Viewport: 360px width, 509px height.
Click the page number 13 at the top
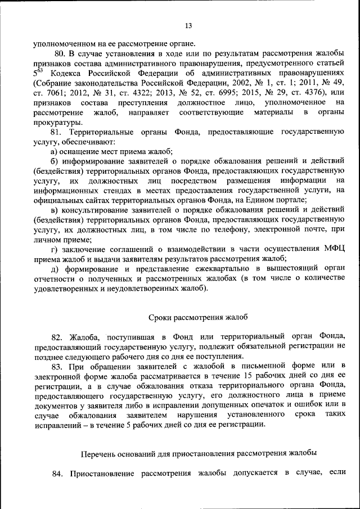pos(188,25)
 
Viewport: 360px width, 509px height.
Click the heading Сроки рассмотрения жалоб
pos(197,317)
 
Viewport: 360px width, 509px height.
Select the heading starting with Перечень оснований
pos(199,452)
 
